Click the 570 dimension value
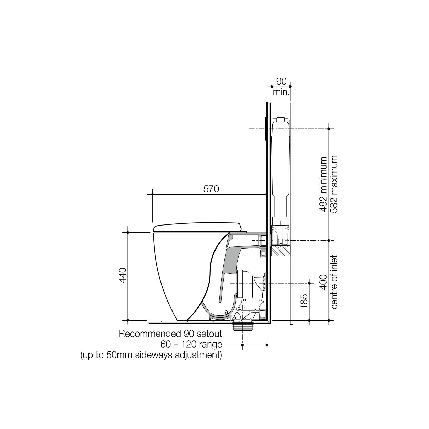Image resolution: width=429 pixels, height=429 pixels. [x=211, y=189]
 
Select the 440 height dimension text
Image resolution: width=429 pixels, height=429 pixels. [x=123, y=275]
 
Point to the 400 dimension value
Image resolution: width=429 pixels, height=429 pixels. [x=324, y=282]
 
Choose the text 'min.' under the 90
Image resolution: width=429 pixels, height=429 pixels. [x=281, y=92]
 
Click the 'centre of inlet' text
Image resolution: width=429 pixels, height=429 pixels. [x=334, y=282]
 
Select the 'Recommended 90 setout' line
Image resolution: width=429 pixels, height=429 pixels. [x=170, y=334]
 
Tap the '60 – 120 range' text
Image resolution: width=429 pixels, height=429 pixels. [x=191, y=344]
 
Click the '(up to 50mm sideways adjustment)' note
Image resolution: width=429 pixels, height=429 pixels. [x=151, y=355]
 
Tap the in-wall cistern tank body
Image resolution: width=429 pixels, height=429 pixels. [x=281, y=159]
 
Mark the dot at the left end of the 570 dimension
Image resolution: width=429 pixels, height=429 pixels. [x=152, y=195]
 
